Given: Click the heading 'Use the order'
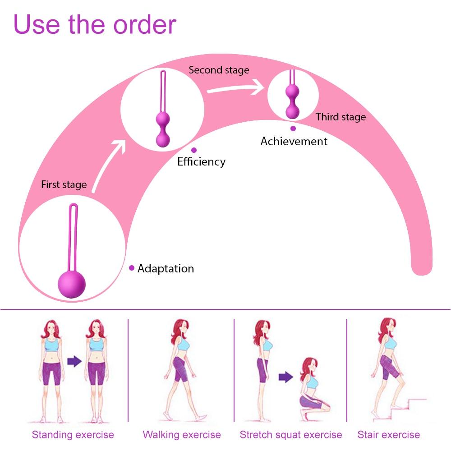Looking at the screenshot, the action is click(x=95, y=25).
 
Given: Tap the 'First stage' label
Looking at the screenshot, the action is click(x=64, y=184).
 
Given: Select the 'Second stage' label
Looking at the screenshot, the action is click(x=219, y=70).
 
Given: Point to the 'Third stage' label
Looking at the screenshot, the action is click(x=341, y=117).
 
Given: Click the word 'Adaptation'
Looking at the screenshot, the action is click(x=166, y=268).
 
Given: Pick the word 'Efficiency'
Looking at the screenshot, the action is click(x=201, y=161).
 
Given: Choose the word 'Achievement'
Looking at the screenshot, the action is click(x=294, y=141).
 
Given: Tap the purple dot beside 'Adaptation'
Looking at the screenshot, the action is click(x=132, y=268).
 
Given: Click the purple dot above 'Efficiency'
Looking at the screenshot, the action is click(x=194, y=150).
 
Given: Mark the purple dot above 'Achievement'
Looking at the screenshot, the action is click(x=293, y=129).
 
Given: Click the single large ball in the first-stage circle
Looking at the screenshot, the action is click(x=72, y=284).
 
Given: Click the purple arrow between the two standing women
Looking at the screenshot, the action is click(x=74, y=361).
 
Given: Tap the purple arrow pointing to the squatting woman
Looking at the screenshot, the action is click(x=285, y=377).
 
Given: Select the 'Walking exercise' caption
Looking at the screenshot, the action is click(x=182, y=435).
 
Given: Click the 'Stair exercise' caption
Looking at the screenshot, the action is click(x=389, y=435).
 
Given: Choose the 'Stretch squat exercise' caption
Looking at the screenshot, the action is click(x=291, y=435).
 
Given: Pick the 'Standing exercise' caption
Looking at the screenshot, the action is click(x=73, y=435).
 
